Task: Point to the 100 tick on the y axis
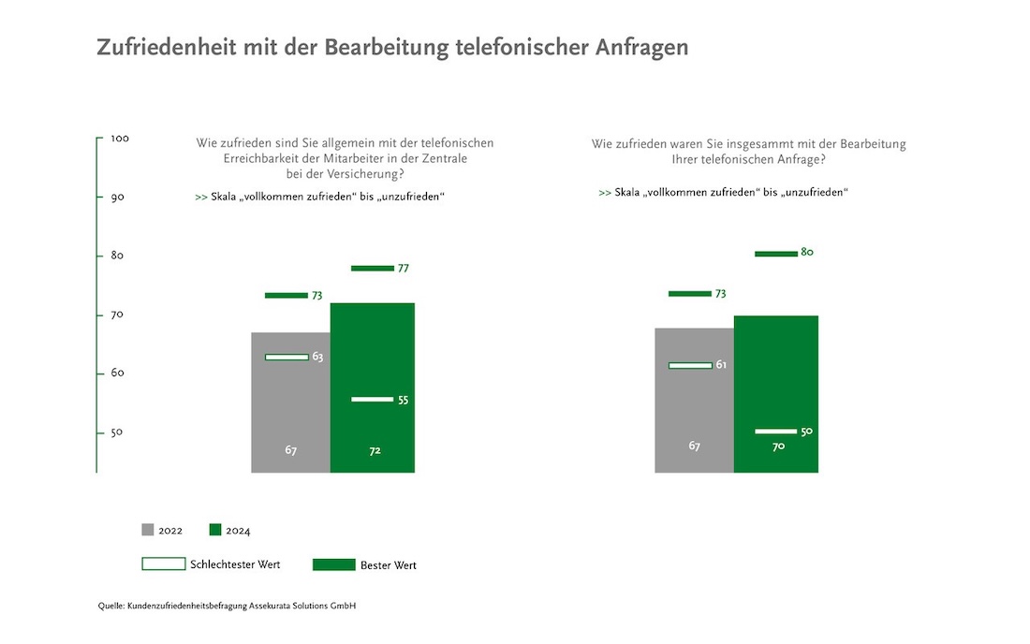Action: click(120, 139)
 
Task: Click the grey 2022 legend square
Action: click(148, 530)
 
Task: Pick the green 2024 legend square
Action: click(215, 530)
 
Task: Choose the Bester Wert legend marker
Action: click(333, 564)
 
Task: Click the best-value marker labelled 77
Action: click(372, 269)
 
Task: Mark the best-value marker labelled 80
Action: click(775, 253)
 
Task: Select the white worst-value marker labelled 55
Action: click(372, 400)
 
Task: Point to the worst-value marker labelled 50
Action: click(775, 432)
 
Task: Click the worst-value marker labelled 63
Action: click(286, 357)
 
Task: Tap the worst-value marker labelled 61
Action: click(689, 365)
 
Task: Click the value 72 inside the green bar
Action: click(375, 450)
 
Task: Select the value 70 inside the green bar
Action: click(778, 446)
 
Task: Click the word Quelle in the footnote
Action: click(110, 607)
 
